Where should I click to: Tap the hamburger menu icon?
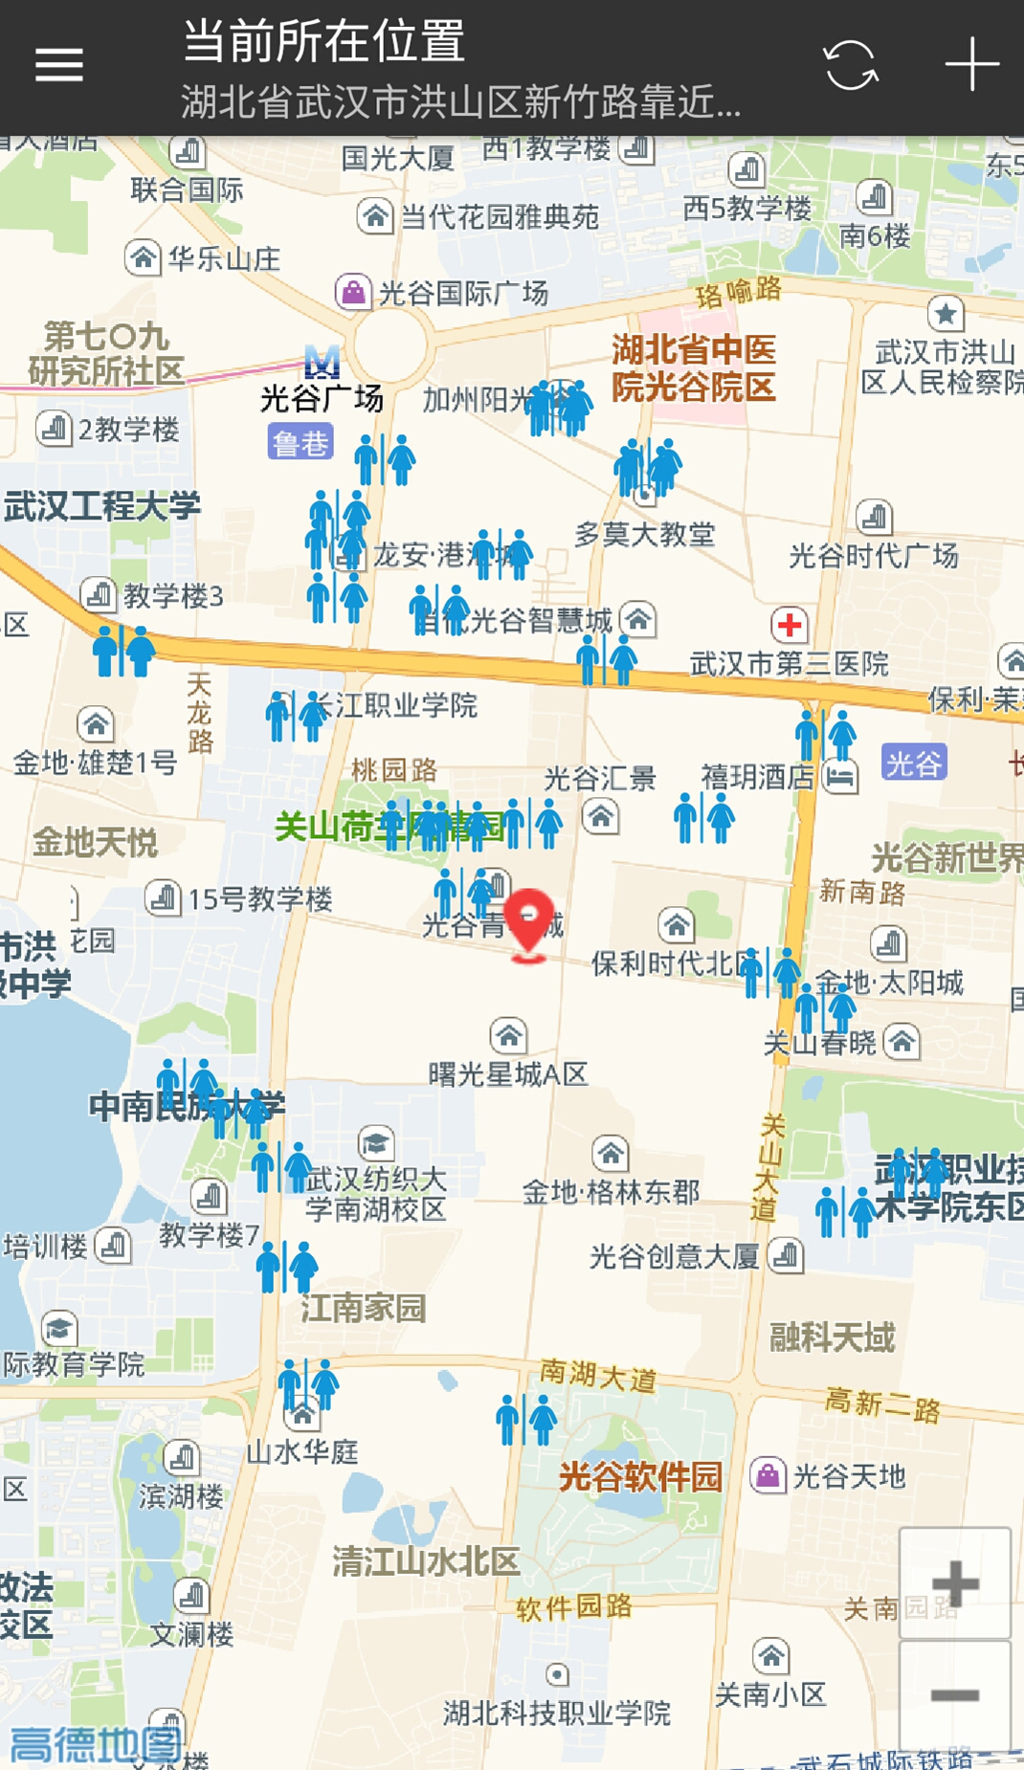tap(59, 65)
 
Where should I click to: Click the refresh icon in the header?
tap(850, 65)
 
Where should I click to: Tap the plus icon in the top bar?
tap(971, 65)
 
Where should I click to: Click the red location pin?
tap(528, 920)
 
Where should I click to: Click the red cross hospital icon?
tap(790, 626)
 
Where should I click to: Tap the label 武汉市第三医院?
tap(790, 663)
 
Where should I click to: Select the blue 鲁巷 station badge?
tap(300, 443)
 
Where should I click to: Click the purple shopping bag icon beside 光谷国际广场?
tap(352, 291)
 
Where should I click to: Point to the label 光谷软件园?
tap(640, 1476)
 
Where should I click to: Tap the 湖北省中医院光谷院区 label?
tap(693, 368)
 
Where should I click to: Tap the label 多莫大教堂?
tap(644, 534)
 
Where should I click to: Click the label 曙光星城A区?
tap(507, 1074)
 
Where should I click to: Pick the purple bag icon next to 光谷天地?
tap(768, 1475)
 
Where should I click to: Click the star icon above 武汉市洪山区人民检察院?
tap(946, 313)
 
